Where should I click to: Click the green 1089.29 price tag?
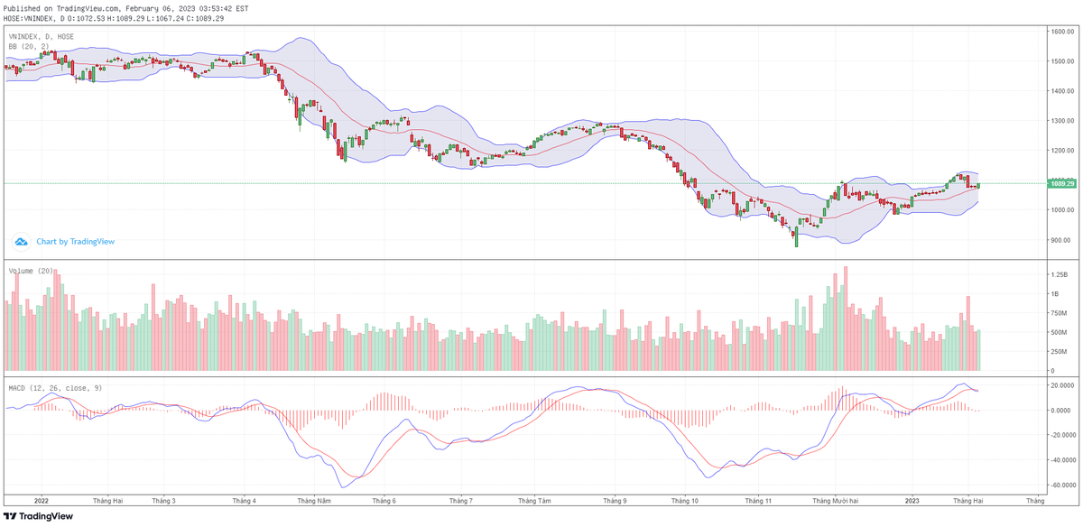[1061, 183]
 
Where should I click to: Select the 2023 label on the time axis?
[912, 500]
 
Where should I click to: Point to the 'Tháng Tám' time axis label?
[535, 500]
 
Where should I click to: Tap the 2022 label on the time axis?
[41, 500]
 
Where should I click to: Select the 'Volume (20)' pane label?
[31, 271]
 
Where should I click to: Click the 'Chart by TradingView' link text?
[76, 242]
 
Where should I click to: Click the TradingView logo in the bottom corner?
[37, 516]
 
